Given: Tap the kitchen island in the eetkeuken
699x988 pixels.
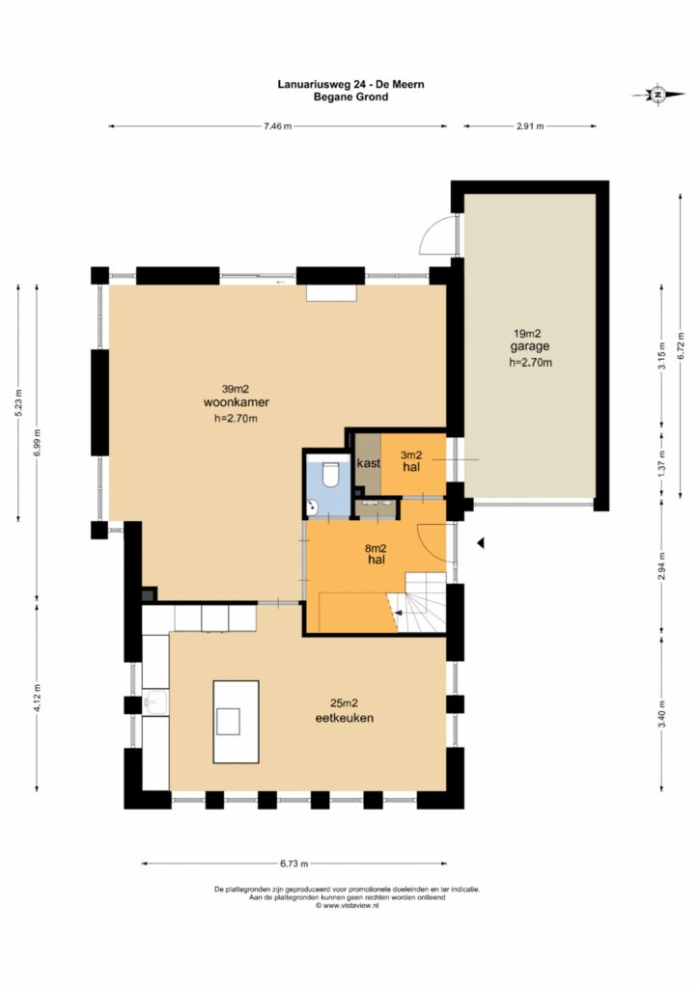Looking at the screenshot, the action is pos(236,722).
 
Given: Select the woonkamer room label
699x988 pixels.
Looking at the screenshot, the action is pos(237,402).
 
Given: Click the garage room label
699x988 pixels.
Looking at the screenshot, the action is pos(530,346).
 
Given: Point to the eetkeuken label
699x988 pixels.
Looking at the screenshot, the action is pos(344,718).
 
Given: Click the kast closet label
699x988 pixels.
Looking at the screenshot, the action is pos(369,463).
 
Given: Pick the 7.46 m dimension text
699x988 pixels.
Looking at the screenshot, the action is pos(278,126).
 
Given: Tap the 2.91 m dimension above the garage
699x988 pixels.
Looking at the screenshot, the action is pos(530,126).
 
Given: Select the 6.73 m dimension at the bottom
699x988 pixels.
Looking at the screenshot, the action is pos(294,864).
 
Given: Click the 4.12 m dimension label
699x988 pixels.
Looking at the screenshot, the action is pos(38,699).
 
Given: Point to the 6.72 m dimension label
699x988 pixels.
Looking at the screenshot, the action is pos(681,345).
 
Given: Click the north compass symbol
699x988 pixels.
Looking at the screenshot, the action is pos(658,95).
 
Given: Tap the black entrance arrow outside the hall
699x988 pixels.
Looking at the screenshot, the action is pos(480,542).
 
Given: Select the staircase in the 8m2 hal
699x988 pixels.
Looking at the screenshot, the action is pos(418,603).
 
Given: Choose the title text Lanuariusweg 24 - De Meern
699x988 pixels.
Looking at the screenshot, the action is pos(351,84).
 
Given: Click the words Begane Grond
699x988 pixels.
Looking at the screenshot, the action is pos(351,97).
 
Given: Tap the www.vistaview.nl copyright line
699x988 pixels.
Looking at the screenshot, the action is pos(348,905).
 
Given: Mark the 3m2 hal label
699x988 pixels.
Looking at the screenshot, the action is pos(411,460).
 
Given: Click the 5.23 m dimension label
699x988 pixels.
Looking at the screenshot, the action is pos(18,403).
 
